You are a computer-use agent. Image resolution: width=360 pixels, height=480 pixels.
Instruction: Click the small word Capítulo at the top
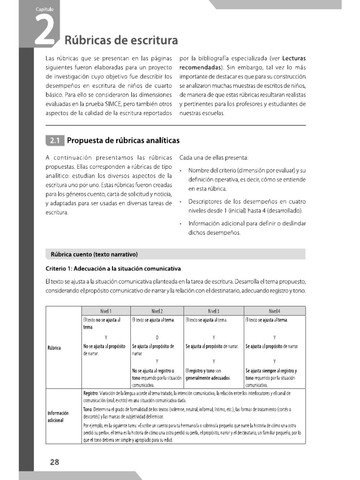pyautogui.click(x=44, y=9)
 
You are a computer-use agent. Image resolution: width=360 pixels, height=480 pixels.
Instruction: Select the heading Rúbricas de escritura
pyautogui.click(x=121, y=40)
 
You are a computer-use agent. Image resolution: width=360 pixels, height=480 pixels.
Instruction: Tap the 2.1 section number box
pyautogui.click(x=54, y=140)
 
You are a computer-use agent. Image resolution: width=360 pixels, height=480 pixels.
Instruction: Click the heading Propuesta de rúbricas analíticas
pyautogui.click(x=123, y=140)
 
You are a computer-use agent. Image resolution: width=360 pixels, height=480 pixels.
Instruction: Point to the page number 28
pyautogui.click(x=54, y=462)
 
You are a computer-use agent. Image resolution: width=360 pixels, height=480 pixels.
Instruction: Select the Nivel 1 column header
pyautogui.click(x=105, y=311)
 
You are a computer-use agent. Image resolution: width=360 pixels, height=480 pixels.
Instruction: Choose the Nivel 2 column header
pyautogui.click(x=157, y=311)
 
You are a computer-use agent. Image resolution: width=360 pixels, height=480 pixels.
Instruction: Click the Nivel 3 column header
pyautogui.click(x=214, y=311)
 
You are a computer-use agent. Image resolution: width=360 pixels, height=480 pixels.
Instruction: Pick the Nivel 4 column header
pyautogui.click(x=275, y=311)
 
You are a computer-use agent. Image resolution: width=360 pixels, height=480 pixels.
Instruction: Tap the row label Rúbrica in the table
pyautogui.click(x=54, y=348)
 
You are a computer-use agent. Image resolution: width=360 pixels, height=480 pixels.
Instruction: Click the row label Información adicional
pyautogui.click(x=58, y=416)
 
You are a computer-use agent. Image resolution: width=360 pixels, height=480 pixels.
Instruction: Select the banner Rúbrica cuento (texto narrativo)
pyautogui.click(x=94, y=255)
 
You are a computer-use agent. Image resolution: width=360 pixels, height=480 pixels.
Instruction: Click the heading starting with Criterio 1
pyautogui.click(x=113, y=269)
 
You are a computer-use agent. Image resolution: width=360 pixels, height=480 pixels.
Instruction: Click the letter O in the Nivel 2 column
pyautogui.click(x=157, y=337)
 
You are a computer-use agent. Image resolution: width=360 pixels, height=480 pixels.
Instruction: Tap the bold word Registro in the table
pyautogui.click(x=90, y=393)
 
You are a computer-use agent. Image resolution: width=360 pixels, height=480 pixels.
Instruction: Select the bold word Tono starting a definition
pyautogui.click(x=88, y=409)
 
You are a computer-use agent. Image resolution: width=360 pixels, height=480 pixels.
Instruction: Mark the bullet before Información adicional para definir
pyautogui.click(x=180, y=224)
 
